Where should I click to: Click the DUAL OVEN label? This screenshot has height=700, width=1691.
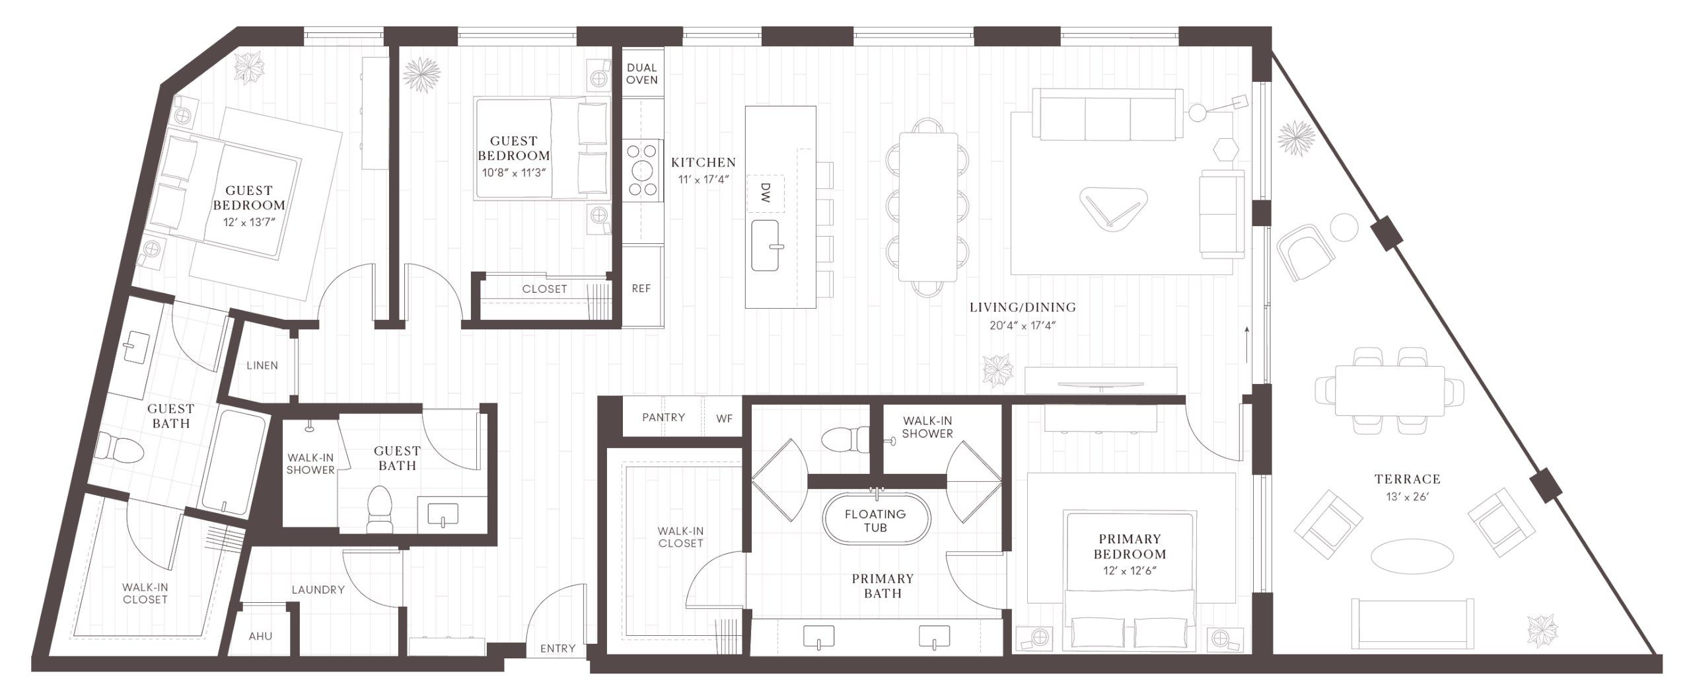click(641, 73)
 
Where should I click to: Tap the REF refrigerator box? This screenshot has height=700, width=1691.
click(641, 288)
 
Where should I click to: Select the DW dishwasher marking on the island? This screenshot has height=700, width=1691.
click(766, 193)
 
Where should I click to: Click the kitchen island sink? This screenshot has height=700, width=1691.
click(766, 246)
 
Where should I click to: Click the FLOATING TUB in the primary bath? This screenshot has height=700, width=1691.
click(875, 521)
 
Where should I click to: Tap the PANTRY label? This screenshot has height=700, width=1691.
click(663, 417)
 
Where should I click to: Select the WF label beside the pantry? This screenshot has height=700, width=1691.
click(724, 418)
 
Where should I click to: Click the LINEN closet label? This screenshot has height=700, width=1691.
click(262, 365)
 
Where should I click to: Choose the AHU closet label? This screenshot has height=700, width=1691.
click(260, 636)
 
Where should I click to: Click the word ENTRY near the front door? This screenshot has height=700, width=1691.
click(558, 648)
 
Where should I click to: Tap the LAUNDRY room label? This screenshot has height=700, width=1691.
click(318, 590)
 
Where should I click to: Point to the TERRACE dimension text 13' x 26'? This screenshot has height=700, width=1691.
click(1407, 496)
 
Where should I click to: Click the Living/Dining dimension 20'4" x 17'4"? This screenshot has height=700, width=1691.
click(1022, 325)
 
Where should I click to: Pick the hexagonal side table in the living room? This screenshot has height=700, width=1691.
click(1227, 149)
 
